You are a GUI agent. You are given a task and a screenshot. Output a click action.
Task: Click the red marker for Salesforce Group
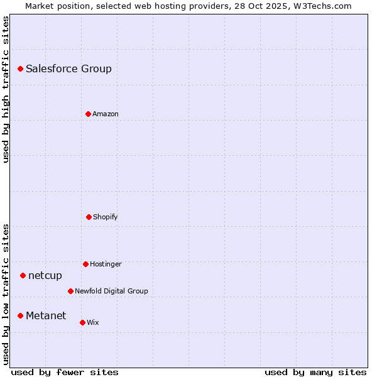(20, 68)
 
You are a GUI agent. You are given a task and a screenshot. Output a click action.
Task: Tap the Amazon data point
(88, 114)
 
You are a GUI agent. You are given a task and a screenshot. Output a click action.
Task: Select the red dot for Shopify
(89, 217)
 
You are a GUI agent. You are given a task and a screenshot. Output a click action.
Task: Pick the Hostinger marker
(85, 264)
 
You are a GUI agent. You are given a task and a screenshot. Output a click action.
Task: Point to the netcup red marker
(23, 275)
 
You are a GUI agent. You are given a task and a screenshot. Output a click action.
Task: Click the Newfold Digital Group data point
(70, 291)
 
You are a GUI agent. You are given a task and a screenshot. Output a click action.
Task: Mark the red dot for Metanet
(20, 315)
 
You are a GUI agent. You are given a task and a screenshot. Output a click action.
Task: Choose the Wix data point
(82, 322)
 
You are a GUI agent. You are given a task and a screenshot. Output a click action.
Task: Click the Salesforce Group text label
(68, 69)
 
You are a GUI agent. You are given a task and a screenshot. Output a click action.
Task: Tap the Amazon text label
(106, 114)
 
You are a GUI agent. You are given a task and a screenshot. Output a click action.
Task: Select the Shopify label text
(106, 217)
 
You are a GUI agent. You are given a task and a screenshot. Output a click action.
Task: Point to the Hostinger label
(106, 265)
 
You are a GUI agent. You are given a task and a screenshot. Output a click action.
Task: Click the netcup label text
(45, 276)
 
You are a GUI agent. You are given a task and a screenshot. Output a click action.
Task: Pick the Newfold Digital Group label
(111, 292)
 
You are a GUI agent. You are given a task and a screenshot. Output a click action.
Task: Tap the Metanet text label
(46, 316)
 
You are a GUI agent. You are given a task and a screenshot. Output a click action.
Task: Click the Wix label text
(93, 323)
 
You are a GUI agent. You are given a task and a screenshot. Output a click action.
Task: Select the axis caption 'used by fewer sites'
(65, 372)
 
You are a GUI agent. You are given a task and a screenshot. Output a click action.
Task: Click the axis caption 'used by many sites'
(315, 372)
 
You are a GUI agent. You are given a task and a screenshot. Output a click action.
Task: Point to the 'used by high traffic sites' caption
(6, 89)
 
